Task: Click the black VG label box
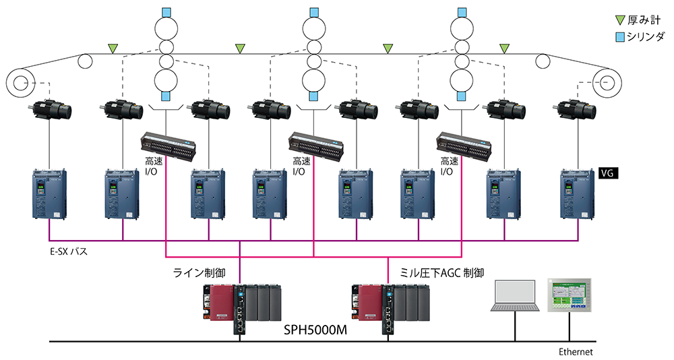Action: [x=609, y=173]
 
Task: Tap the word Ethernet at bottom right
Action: [x=576, y=351]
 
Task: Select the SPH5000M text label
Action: [x=315, y=330]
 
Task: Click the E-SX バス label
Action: [x=69, y=251]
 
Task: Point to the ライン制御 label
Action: [x=199, y=272]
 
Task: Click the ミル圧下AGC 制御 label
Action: [x=442, y=272]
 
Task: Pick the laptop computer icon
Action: [x=516, y=295]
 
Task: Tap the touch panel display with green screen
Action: [x=570, y=295]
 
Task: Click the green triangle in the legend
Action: [x=619, y=20]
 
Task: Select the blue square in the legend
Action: [x=619, y=37]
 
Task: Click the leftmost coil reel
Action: [x=20, y=82]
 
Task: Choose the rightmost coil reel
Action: [x=607, y=82]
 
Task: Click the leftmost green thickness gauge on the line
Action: [x=113, y=48]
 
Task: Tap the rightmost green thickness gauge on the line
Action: [x=505, y=48]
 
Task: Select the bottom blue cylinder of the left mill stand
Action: [x=166, y=96]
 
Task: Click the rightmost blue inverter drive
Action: [x=578, y=193]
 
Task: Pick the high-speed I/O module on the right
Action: [x=464, y=146]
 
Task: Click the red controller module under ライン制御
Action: [x=221, y=303]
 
